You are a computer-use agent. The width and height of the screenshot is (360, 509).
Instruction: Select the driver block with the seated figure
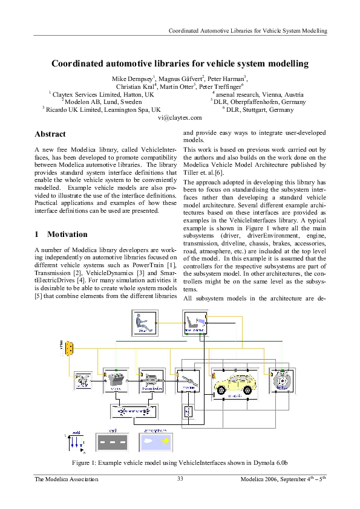point(143,322)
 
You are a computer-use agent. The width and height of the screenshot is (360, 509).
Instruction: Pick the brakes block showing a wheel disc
point(280,382)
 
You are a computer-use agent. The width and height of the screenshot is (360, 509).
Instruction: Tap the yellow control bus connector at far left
point(70,348)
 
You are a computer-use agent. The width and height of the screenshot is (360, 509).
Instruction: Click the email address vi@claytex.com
point(179,118)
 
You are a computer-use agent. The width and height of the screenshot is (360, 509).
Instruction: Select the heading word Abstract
point(50,134)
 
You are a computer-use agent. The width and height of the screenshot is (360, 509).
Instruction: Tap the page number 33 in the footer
point(180,479)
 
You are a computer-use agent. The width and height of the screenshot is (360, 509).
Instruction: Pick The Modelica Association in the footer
point(67,479)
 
